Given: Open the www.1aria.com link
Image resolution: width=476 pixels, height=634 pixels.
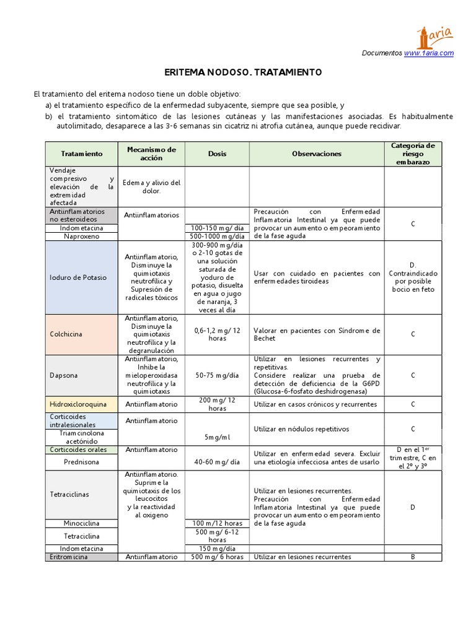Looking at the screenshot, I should [429, 53].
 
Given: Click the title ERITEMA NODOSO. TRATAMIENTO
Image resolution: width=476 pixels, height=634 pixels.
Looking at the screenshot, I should [243, 72].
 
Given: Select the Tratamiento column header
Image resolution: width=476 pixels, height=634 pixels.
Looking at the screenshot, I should [81, 154].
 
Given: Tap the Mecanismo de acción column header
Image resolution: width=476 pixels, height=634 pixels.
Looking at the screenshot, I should [151, 154].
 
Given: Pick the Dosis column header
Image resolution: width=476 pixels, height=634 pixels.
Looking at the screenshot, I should [217, 154].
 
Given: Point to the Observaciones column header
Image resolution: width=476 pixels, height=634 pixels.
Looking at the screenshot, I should [317, 154].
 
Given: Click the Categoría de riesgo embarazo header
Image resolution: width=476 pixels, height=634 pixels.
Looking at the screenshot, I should [413, 154].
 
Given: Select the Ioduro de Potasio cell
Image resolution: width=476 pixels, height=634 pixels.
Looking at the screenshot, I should [78, 277].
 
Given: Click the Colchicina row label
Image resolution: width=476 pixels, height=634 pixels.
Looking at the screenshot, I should [66, 334].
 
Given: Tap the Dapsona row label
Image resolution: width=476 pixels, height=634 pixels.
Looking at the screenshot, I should [63, 375].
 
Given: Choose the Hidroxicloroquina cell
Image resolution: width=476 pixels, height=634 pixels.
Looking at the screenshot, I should [79, 404].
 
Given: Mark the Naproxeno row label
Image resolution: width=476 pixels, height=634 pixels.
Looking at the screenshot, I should [81, 236].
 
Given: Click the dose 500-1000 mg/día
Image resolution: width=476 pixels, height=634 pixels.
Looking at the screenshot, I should [217, 236].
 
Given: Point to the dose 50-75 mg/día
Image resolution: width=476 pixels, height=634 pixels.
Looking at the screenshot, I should [217, 375].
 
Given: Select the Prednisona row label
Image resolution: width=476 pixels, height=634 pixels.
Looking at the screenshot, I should [81, 462].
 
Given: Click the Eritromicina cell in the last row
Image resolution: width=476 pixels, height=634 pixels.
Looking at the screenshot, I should [69, 557].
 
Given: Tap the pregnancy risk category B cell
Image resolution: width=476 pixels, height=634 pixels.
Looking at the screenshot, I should [413, 557].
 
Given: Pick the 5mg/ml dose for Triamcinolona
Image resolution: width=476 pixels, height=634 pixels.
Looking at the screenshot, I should [217, 437].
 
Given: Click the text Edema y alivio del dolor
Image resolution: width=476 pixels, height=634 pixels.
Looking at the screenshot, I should [151, 186].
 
